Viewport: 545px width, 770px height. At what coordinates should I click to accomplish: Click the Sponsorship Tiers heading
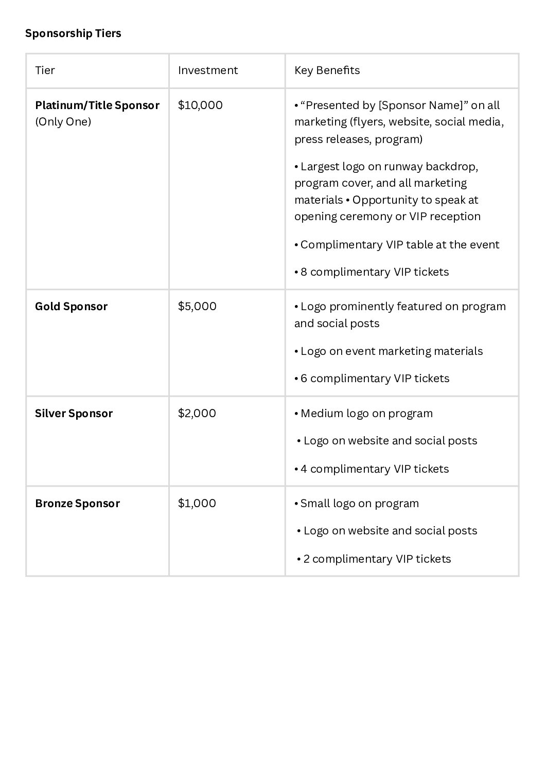pos(73,33)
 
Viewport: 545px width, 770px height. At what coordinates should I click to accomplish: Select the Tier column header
pos(45,70)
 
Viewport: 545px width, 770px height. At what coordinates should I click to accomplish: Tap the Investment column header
pos(208,70)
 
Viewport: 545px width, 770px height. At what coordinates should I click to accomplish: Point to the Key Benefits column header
pos(327,70)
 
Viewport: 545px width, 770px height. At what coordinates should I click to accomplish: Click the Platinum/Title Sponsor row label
pos(97,105)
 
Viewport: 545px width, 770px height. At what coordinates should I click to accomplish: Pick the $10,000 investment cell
pos(200,105)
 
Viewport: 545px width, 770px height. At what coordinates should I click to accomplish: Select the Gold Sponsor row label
pos(71,307)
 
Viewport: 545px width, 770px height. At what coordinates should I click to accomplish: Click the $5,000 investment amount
pos(197,307)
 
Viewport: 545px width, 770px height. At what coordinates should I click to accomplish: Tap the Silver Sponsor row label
pos(74,414)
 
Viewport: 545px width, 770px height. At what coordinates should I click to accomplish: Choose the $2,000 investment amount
pos(197,414)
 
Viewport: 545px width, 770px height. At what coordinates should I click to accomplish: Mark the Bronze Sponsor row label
pos(77,504)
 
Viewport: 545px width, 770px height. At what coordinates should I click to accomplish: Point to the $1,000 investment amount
pos(197,504)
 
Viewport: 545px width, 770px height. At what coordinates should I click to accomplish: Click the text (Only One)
pos(63,122)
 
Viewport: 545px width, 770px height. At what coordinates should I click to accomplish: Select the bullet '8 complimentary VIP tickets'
pos(372,272)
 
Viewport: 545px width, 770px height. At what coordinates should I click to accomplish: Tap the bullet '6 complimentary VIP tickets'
pos(372,379)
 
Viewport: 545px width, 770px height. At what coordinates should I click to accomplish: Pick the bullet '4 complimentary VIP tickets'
pos(372,469)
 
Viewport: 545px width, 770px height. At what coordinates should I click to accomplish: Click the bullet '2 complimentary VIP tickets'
pos(374,559)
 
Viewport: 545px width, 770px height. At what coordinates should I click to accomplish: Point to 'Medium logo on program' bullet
pos(364,414)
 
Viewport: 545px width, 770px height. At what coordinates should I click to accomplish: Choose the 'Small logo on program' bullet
pos(357,504)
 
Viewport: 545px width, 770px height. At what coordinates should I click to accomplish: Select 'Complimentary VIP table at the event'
pos(397,245)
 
